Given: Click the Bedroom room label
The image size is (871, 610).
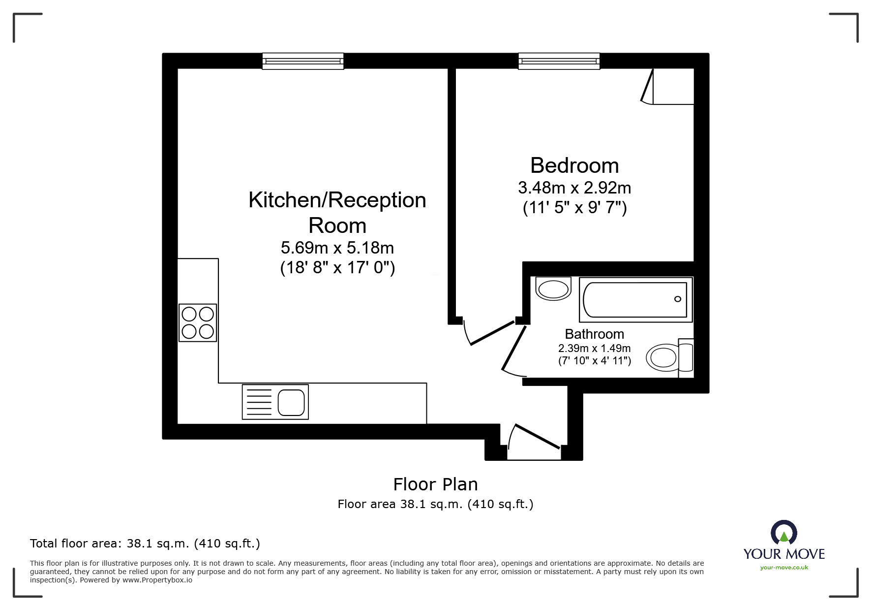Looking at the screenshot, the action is coord(574,165).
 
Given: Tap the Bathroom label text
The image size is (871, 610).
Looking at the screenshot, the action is coord(594,334).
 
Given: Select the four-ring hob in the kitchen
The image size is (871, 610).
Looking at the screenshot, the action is coord(198,322).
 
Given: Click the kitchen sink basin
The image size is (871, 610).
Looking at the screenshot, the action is coord(291,402).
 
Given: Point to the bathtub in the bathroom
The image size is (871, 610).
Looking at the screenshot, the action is coord(635,299).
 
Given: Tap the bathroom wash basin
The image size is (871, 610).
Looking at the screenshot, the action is coord(553,289).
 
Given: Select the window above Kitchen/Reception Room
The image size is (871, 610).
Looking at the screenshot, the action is coord(303,61).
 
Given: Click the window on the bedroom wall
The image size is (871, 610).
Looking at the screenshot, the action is coord(559,61).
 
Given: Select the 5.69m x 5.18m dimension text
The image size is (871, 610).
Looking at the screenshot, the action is coord(337,247).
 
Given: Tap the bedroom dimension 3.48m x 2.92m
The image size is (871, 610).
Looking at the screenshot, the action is coord(574,188).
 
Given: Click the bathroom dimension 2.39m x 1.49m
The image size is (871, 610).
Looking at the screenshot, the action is coord(594,348).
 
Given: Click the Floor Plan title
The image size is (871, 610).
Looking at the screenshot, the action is coord(435,484).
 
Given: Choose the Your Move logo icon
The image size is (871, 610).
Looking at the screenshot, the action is coord(784,533).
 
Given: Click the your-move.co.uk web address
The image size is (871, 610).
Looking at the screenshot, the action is coord(784,568).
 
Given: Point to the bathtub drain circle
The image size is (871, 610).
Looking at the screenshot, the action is coord(678,299).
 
